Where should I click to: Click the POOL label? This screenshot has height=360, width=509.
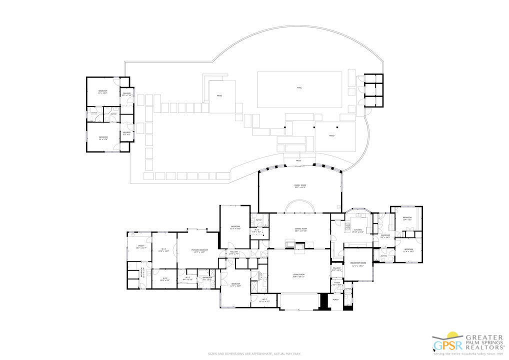coord(299,88)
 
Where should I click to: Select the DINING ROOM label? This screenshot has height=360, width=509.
coord(301,230)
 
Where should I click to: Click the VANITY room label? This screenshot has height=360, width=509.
coord(141,246)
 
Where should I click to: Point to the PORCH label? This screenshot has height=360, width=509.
coord(335,299)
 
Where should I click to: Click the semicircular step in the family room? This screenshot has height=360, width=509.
coord(300,206)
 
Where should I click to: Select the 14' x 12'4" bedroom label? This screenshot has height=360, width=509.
coord(103,138)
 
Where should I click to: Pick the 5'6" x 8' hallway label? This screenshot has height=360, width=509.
coord(126,133)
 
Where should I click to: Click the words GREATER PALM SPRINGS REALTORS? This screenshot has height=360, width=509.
coord(484,342)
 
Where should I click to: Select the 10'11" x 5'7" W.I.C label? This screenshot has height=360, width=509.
coord(264,301)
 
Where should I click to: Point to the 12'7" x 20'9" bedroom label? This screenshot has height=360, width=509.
coord(235,285)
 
